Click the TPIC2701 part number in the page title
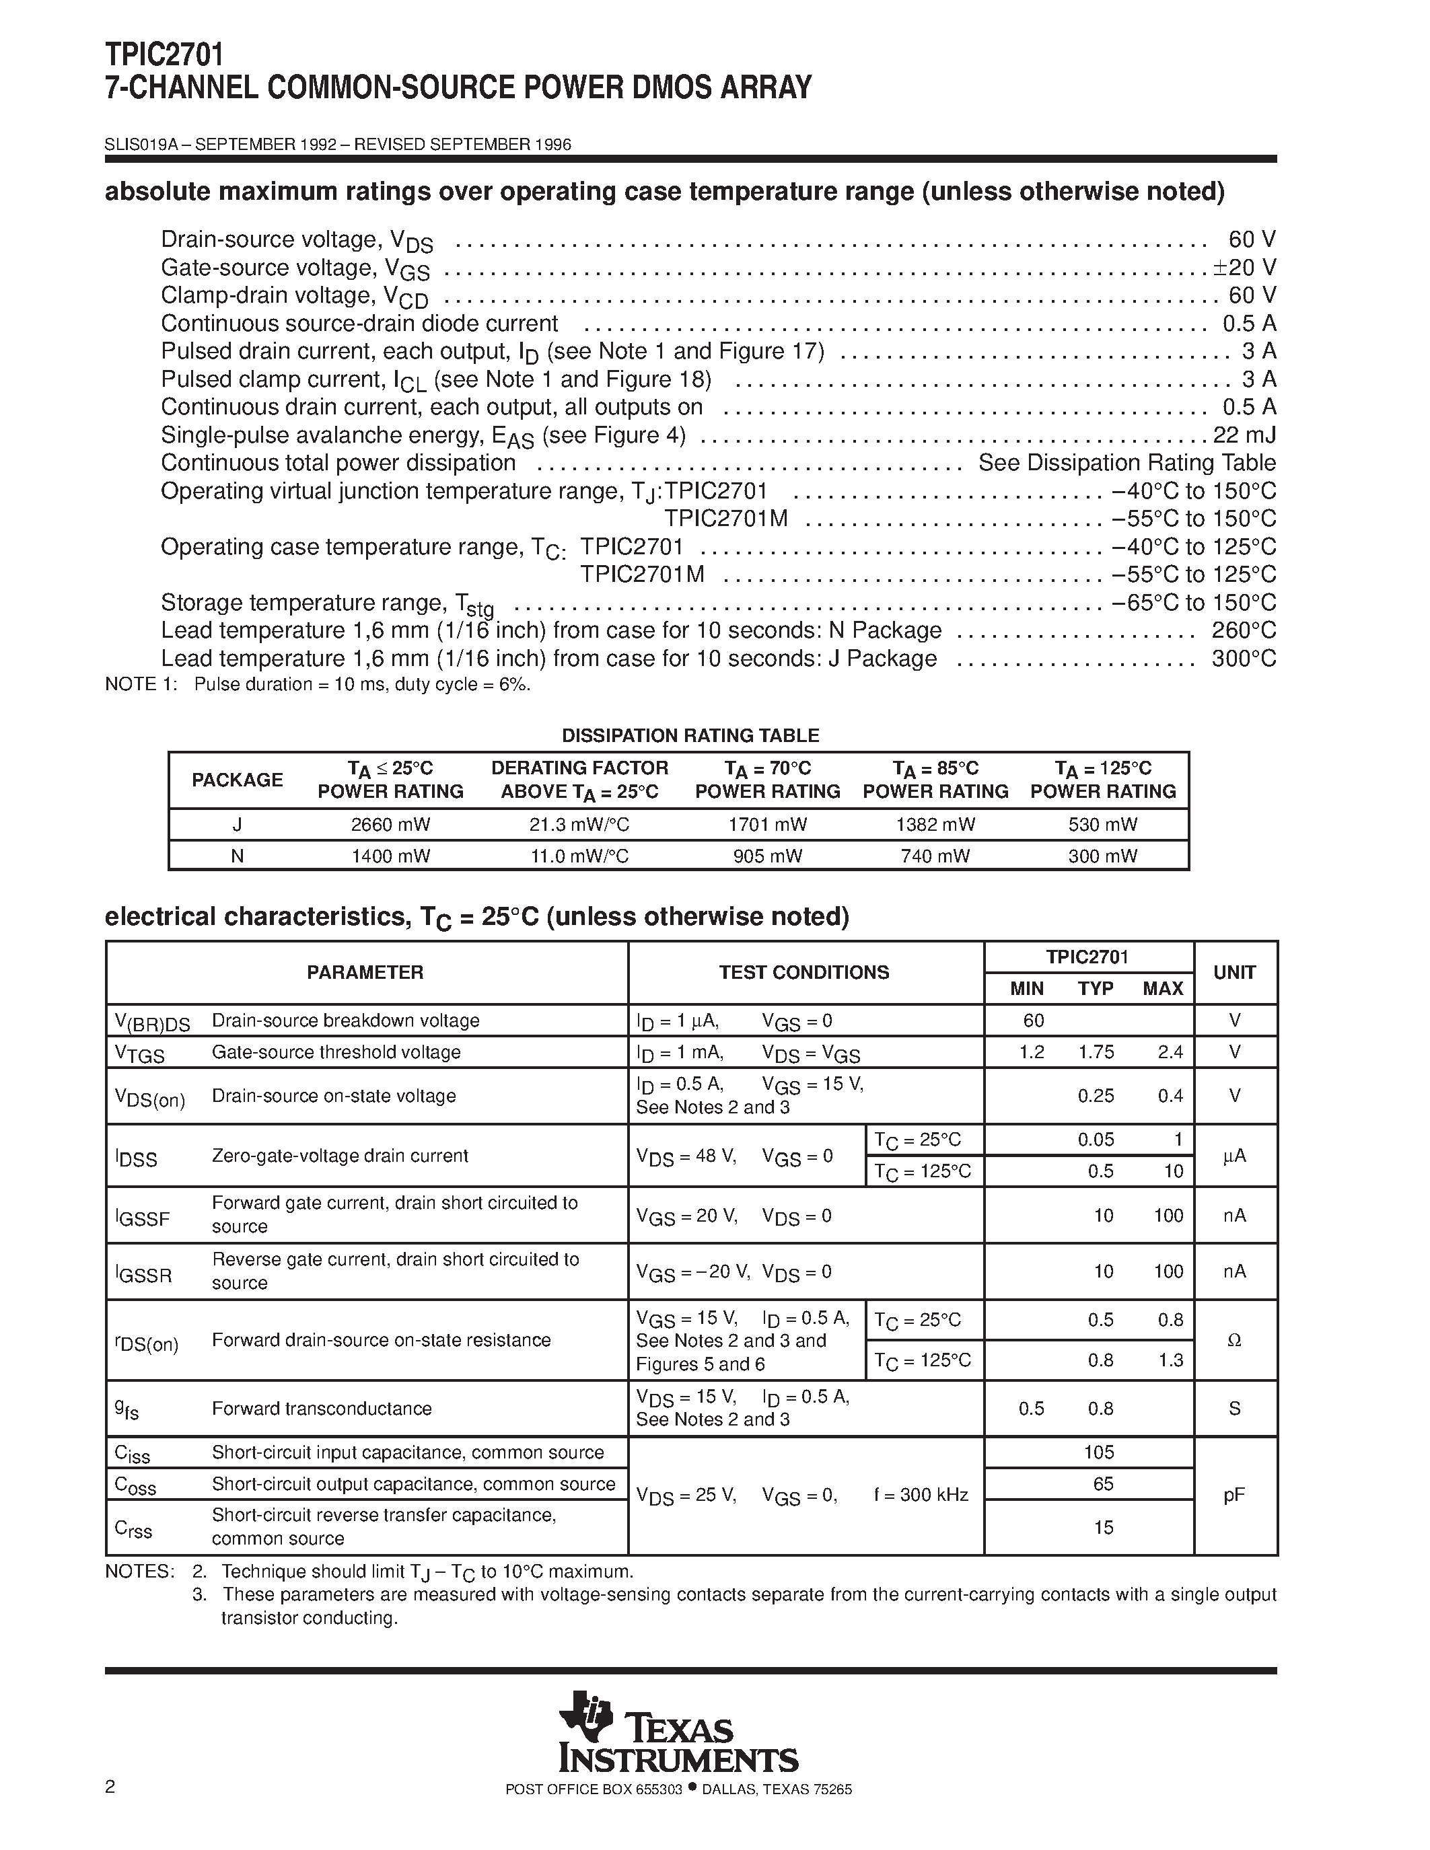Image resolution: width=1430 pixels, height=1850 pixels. pos(165,55)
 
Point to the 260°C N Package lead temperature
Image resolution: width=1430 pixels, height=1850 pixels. pos(1244,631)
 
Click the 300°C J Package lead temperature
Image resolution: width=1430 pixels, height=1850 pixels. pos(1244,659)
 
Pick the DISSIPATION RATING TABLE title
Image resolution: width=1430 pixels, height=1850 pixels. pos(690,735)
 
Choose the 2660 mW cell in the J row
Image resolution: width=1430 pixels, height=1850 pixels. pos(390,824)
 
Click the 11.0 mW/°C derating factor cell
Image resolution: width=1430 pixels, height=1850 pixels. pos(579,856)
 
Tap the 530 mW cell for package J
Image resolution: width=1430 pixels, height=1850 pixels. pos(1102,824)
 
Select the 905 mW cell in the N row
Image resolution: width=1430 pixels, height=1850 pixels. pos(768,856)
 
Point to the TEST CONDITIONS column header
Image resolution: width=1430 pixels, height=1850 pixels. pos(804,973)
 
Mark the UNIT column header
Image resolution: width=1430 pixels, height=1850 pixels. pos(1234,973)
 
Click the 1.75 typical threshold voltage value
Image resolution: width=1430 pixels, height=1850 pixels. pos(1096,1052)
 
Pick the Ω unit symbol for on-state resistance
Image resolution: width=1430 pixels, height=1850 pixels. pos(1234,1341)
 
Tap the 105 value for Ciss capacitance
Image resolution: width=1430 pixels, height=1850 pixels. pos(1099,1452)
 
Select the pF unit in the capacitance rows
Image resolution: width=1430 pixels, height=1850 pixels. pos(1234,1496)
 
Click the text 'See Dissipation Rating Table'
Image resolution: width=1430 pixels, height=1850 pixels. pos(1127,464)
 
